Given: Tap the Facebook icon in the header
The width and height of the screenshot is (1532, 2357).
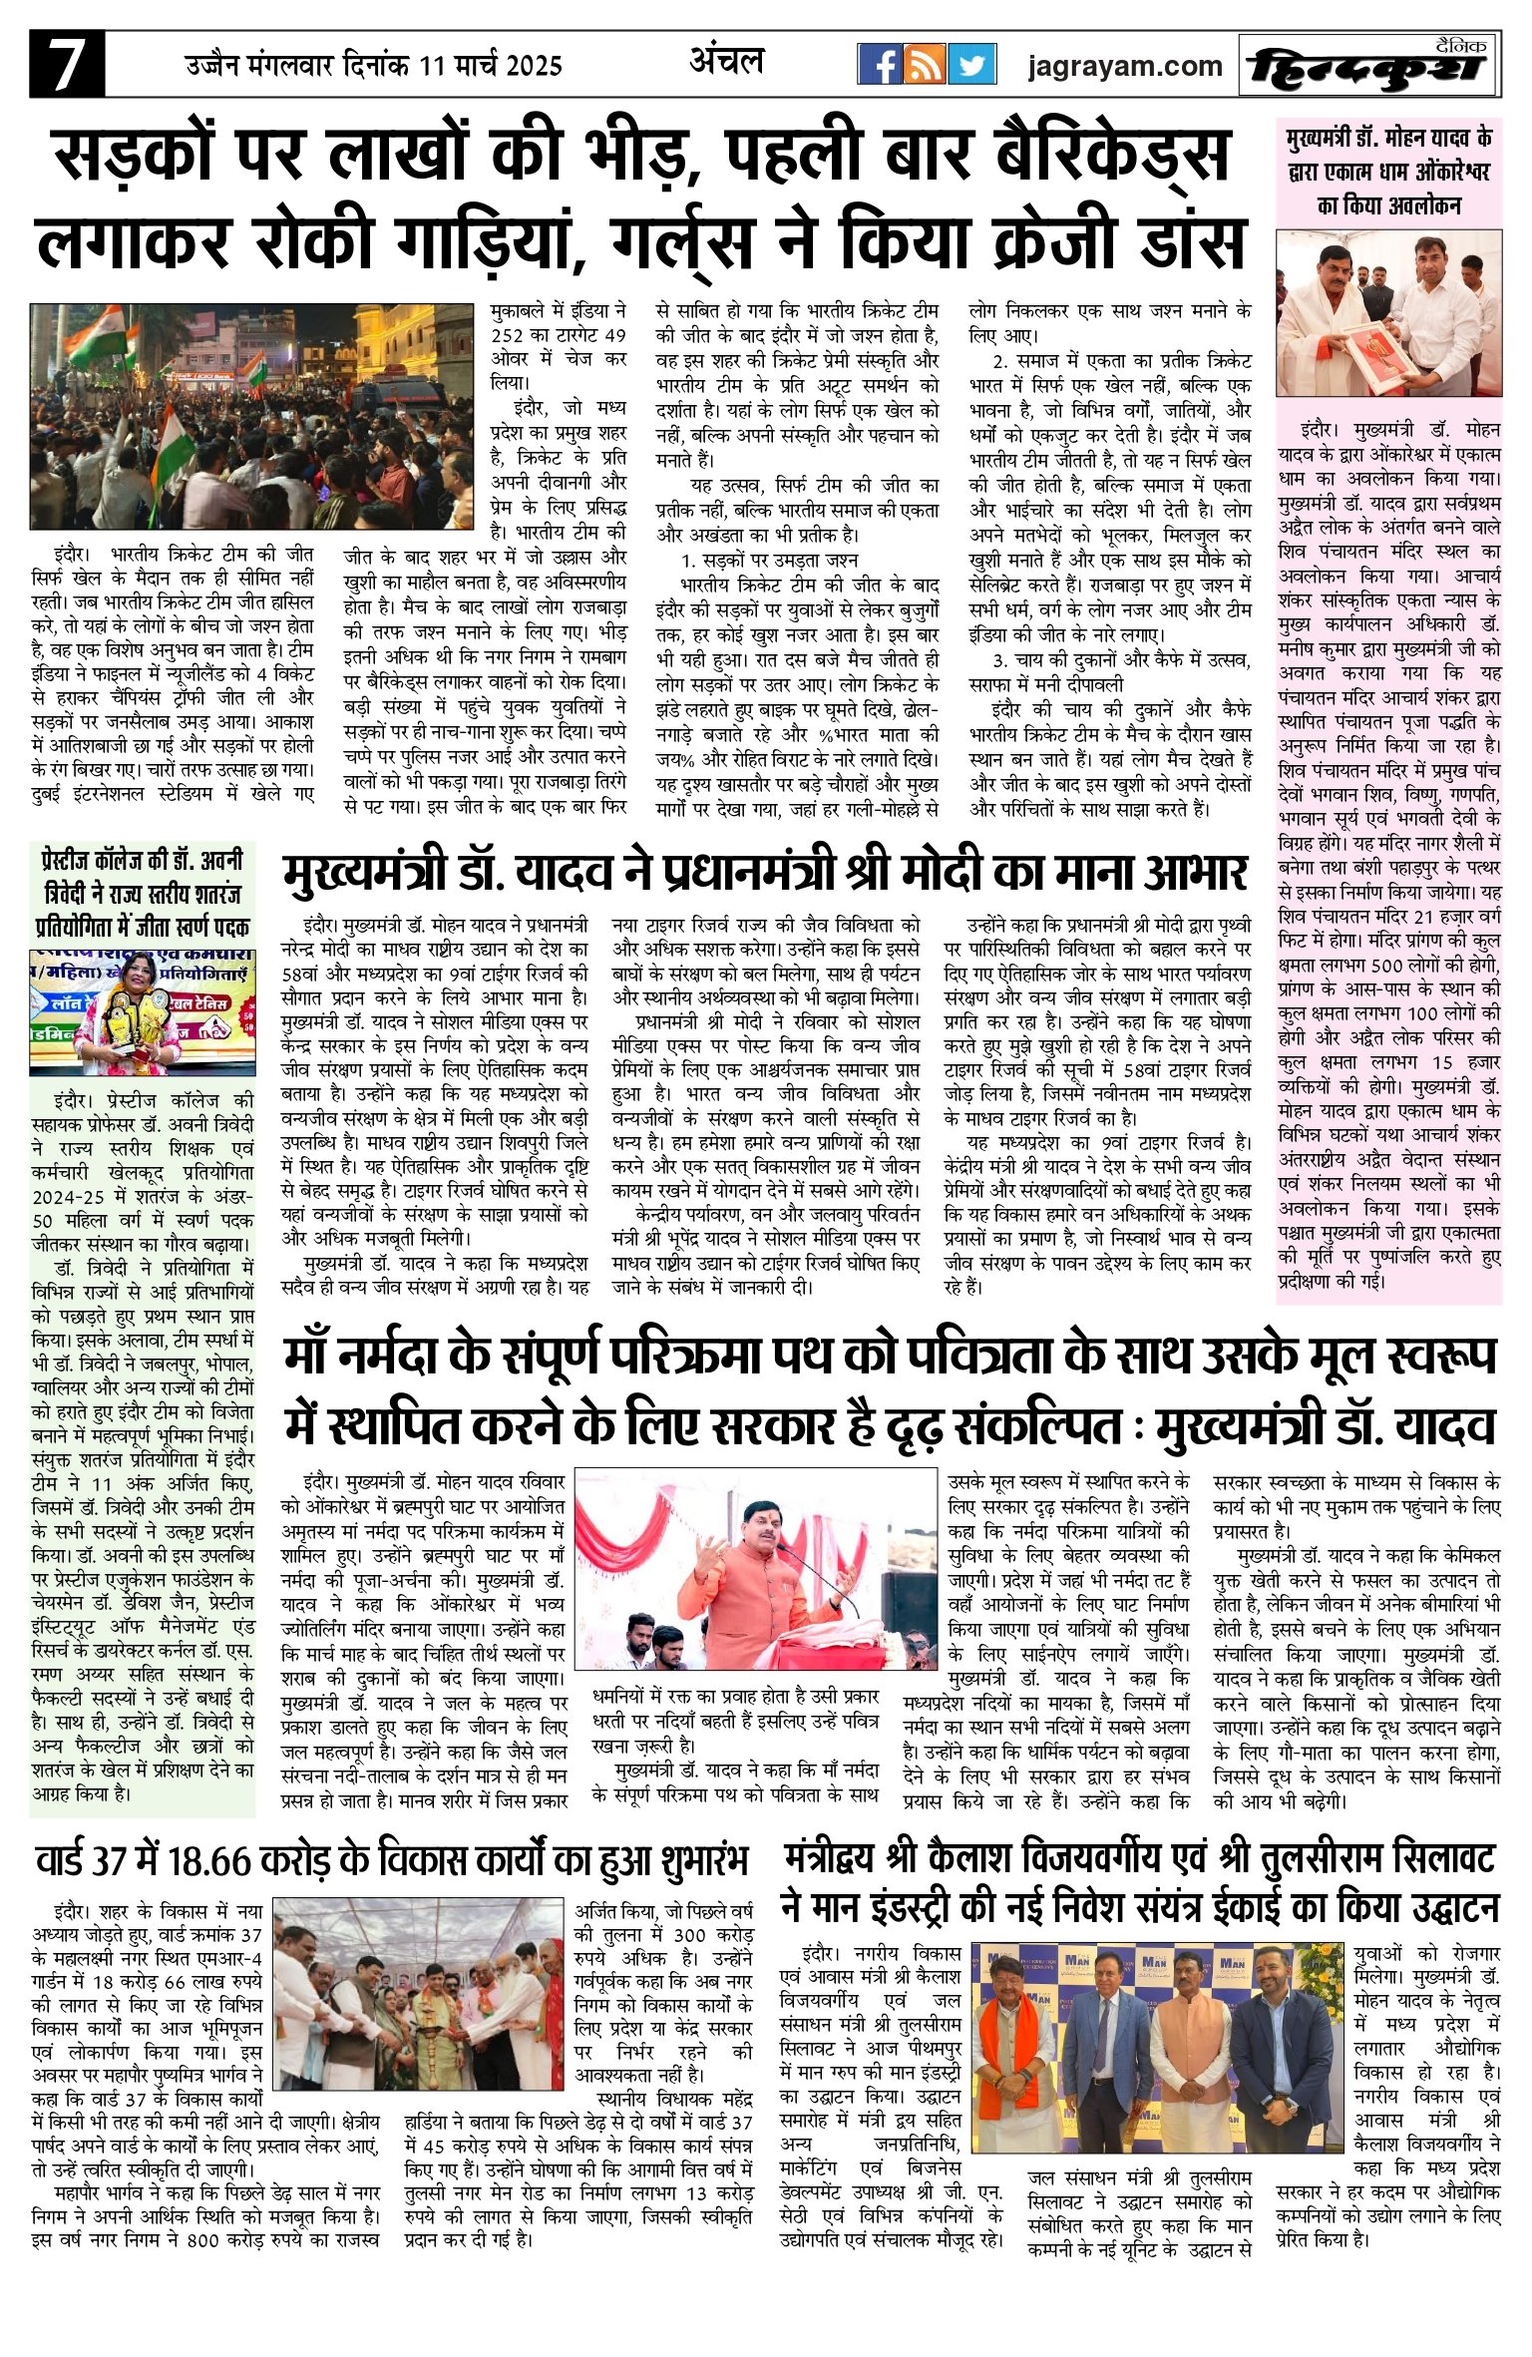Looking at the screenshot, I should coord(880,66).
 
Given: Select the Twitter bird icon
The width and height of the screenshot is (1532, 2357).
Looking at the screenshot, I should coord(970,66).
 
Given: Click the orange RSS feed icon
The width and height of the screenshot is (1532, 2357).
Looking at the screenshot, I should coord(925,66).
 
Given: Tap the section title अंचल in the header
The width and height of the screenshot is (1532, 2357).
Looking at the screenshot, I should coord(726,62).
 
